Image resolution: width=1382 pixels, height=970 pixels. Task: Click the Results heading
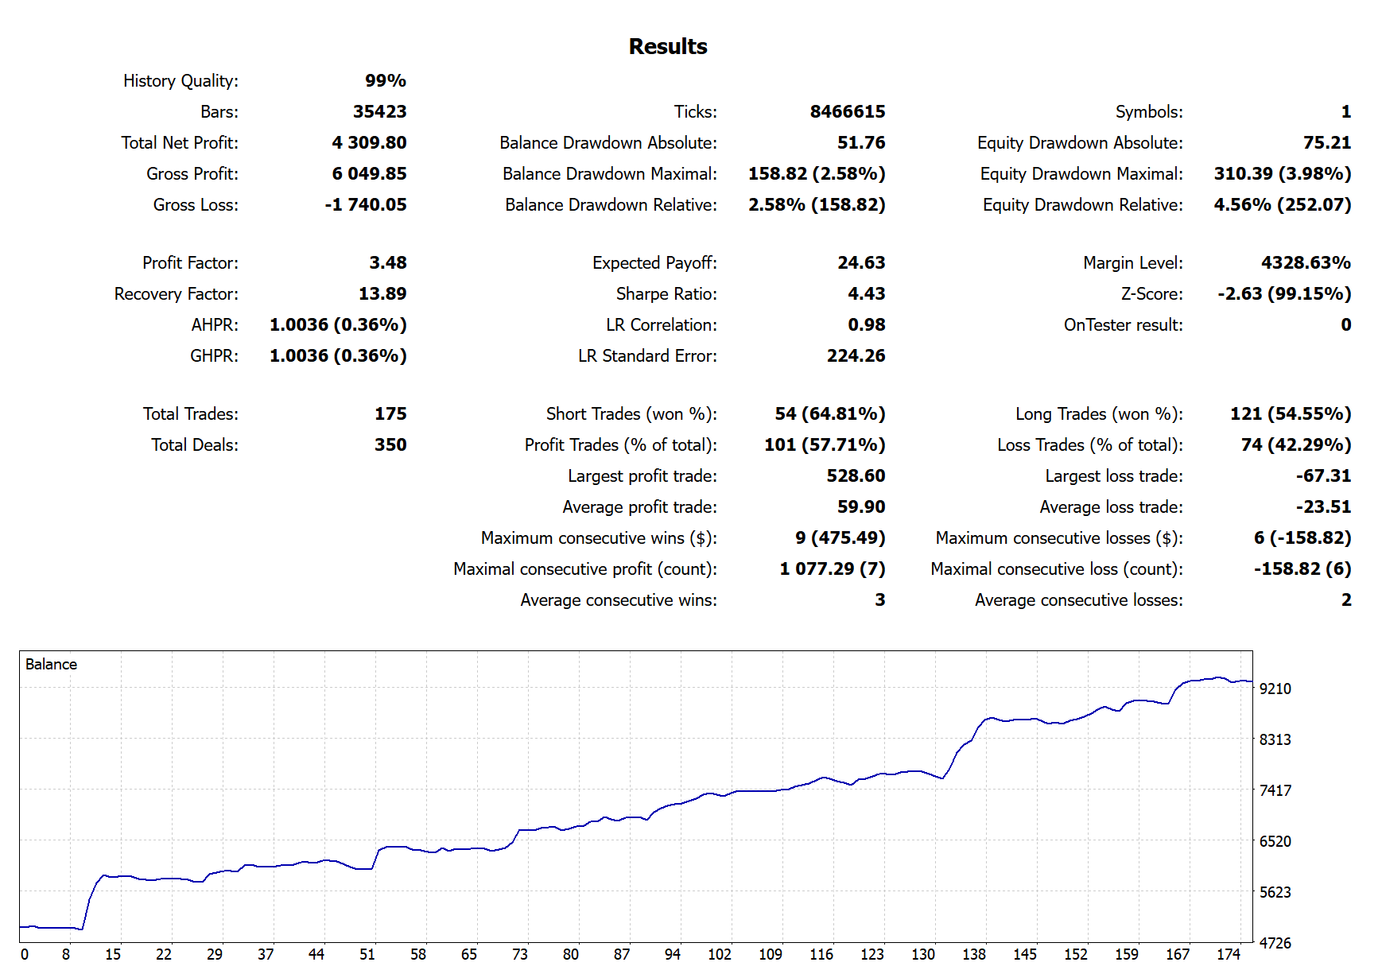(667, 47)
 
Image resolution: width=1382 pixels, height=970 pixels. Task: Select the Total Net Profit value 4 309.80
(369, 143)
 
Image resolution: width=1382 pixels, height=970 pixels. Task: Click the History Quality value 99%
(386, 81)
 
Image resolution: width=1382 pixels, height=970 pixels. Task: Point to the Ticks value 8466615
(847, 112)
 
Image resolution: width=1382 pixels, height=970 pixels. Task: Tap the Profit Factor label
(190, 263)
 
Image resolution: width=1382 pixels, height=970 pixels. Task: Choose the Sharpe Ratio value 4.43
(866, 294)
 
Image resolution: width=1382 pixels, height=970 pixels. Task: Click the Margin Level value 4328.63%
(1306, 263)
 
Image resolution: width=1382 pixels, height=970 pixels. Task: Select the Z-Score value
(1284, 294)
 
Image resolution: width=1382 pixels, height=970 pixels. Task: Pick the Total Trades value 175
(390, 414)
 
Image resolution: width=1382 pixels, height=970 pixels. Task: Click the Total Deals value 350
(390, 445)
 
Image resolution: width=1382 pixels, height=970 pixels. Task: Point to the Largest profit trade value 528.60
(856, 476)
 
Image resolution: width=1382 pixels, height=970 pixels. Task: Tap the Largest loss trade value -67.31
(1323, 476)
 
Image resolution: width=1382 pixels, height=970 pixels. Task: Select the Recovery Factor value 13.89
(382, 294)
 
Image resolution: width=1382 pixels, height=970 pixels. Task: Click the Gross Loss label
(196, 205)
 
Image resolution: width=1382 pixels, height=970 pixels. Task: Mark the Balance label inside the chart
(51, 665)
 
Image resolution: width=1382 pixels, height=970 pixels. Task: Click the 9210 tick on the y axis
(1275, 689)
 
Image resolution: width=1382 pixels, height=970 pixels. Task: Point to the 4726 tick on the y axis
(1275, 944)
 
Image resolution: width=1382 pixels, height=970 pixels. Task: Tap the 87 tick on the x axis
(622, 955)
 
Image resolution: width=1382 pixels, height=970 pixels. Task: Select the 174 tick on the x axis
(1229, 955)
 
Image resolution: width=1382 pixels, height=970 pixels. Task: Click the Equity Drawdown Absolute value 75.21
(1327, 143)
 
